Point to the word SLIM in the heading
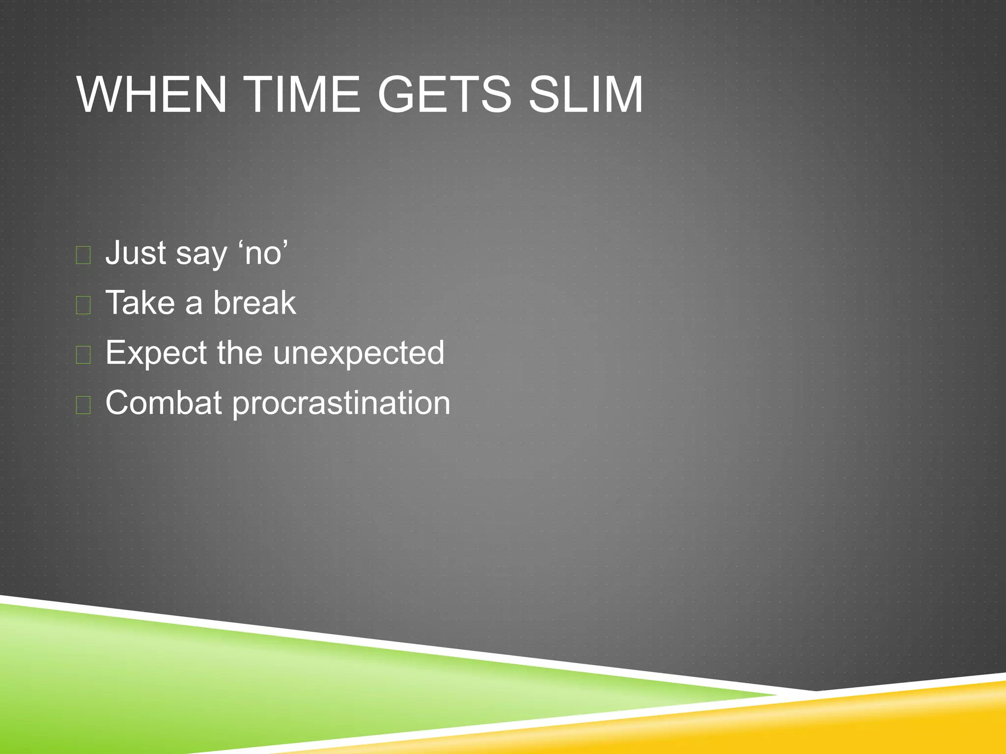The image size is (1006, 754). coord(586,94)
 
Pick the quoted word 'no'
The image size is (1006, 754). coord(263,253)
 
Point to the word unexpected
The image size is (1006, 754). coord(359,353)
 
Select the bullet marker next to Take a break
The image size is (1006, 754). coord(84,305)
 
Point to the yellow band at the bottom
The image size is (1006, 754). coord(835,722)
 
